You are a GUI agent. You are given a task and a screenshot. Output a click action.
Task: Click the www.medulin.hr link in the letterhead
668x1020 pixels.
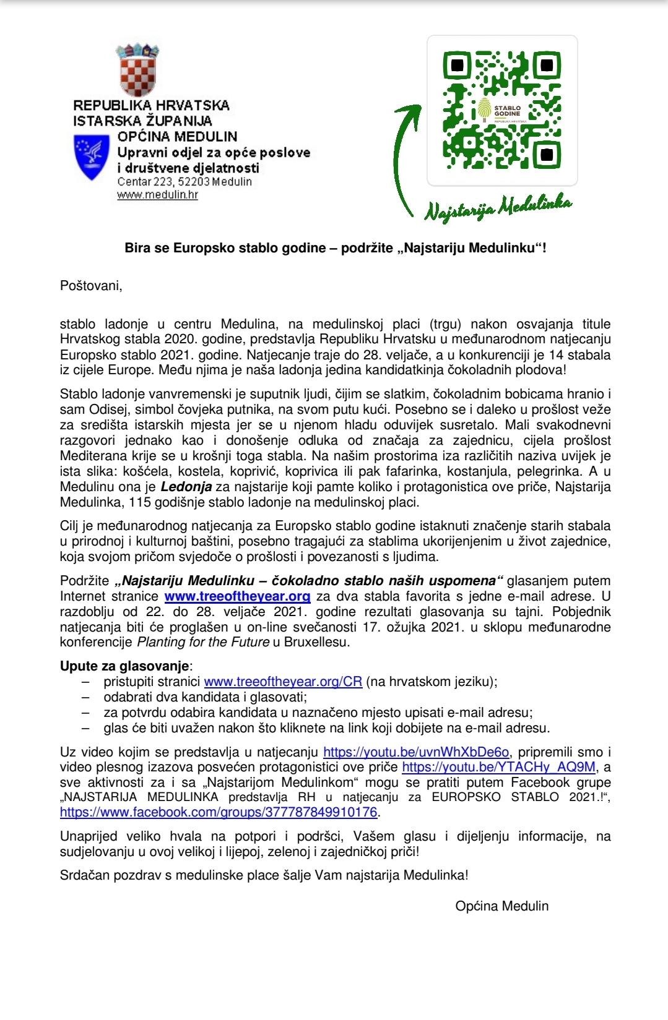[157, 195]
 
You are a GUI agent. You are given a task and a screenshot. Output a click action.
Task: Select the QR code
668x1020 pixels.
[502, 110]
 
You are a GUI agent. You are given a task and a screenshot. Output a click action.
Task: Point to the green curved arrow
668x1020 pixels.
[403, 161]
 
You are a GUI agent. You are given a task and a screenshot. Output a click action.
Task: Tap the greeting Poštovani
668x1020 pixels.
[91, 286]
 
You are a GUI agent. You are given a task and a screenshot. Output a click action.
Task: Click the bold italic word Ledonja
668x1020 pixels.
[186, 487]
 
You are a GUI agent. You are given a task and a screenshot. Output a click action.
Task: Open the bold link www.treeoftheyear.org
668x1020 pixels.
[237, 596]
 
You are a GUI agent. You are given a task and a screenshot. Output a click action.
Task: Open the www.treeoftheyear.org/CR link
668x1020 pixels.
[283, 682]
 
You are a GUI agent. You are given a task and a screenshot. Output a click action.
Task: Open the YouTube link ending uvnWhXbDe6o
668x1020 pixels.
[416, 752]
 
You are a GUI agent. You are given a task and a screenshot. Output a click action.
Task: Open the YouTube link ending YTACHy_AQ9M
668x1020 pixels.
[498, 767]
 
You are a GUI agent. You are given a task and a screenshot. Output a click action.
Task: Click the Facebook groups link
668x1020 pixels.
[219, 812]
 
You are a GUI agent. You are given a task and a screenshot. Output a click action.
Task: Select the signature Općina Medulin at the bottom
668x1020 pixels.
[501, 906]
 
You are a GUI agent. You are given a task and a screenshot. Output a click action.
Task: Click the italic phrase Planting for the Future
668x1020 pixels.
[203, 642]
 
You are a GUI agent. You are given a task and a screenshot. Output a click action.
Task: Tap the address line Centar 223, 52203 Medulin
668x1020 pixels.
[184, 182]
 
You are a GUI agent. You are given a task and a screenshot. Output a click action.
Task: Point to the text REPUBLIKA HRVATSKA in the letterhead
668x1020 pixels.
[151, 106]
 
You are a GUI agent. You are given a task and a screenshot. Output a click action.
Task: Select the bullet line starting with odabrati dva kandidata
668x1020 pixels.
[205, 697]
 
